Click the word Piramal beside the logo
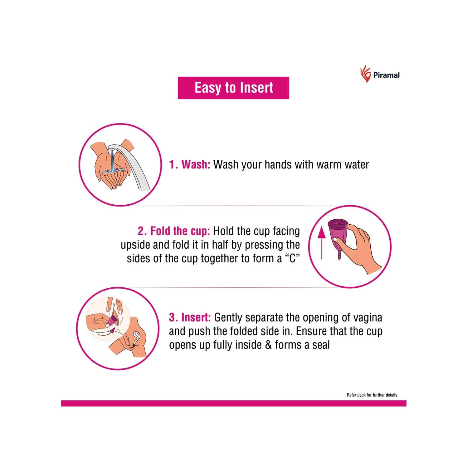click(x=386, y=75)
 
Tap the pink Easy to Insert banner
click(x=233, y=88)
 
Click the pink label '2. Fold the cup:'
click(x=174, y=231)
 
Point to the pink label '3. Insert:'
click(x=190, y=318)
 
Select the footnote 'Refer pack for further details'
click(x=372, y=395)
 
